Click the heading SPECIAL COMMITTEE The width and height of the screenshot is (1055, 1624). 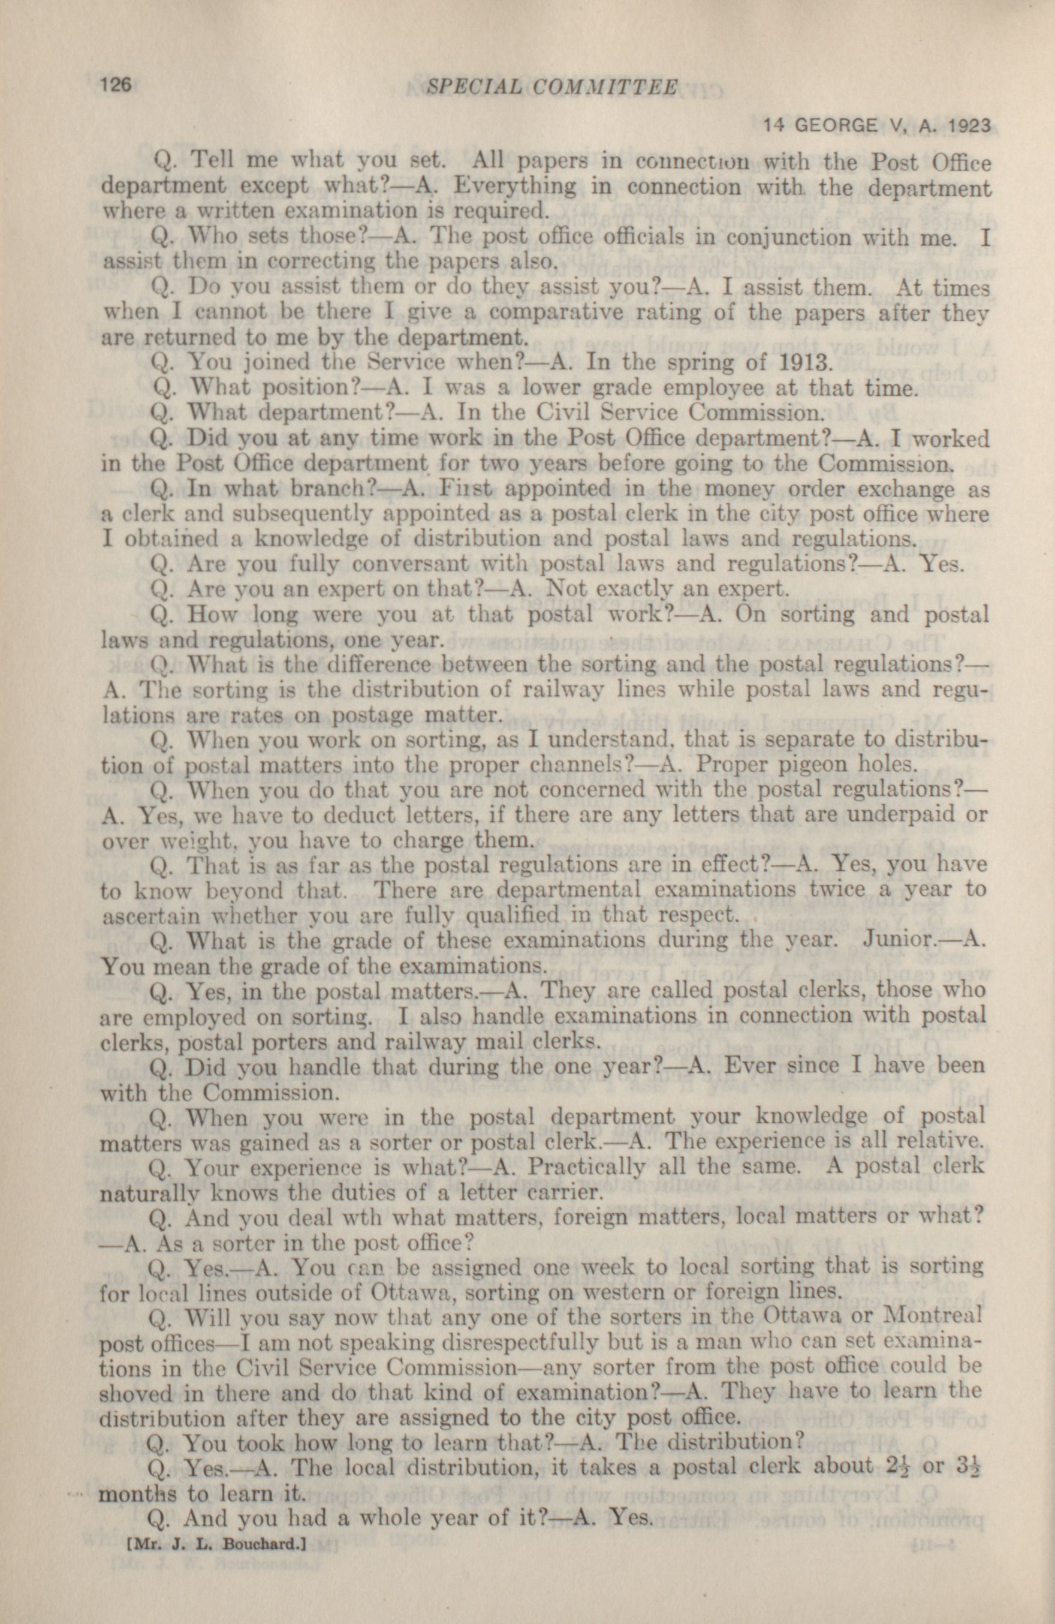click(551, 87)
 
